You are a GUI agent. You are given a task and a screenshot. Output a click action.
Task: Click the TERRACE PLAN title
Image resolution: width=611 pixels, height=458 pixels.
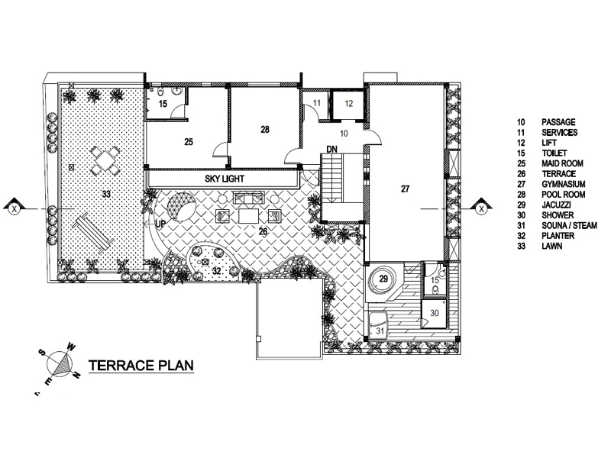click(141, 366)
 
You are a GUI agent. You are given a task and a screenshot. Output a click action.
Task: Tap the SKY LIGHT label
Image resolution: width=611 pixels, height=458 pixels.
click(225, 179)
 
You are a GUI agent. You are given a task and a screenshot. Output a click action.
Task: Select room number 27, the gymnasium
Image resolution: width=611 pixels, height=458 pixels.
click(406, 189)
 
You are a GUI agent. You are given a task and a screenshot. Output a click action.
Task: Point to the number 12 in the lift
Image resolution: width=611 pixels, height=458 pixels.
click(349, 103)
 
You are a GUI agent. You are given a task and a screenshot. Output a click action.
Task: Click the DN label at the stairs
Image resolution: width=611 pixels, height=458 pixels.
click(331, 149)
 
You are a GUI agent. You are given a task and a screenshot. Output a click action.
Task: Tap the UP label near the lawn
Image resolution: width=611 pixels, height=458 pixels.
click(160, 224)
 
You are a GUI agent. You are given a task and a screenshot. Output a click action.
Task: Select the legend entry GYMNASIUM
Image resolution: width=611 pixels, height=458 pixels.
click(563, 184)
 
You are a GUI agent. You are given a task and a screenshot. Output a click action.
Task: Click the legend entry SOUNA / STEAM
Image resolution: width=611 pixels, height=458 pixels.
click(569, 225)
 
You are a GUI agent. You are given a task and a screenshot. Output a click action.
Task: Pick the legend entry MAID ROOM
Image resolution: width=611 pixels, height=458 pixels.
click(562, 163)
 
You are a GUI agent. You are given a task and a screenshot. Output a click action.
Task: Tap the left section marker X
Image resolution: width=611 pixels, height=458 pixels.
click(15, 209)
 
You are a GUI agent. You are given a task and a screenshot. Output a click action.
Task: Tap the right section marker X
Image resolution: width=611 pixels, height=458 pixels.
click(481, 209)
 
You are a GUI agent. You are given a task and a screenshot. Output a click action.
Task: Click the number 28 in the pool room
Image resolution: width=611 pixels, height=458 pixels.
click(265, 129)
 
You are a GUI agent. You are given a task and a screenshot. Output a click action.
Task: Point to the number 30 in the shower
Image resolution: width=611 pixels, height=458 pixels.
click(434, 313)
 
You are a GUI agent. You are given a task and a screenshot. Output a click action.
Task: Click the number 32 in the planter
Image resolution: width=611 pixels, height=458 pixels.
click(216, 270)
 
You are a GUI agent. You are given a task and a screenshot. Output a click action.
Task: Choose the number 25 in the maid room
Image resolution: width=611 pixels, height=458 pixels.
click(189, 142)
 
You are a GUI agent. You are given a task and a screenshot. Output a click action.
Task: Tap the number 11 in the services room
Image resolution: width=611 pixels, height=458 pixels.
click(317, 103)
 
